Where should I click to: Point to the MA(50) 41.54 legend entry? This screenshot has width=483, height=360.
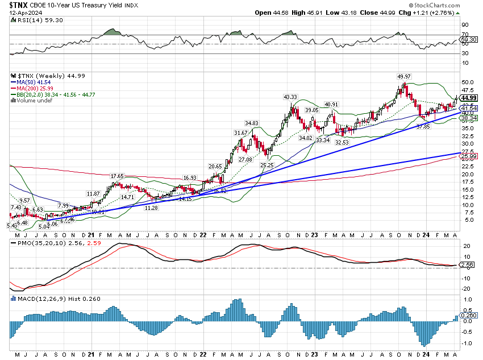32,81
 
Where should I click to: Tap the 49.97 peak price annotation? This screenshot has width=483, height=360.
403,76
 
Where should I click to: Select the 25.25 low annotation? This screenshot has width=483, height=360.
268,164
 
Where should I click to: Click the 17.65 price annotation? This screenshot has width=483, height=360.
117,176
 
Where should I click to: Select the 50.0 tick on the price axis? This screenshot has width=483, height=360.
466,82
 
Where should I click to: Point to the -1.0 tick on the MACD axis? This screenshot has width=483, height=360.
465,343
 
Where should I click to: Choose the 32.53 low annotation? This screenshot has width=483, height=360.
342,142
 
